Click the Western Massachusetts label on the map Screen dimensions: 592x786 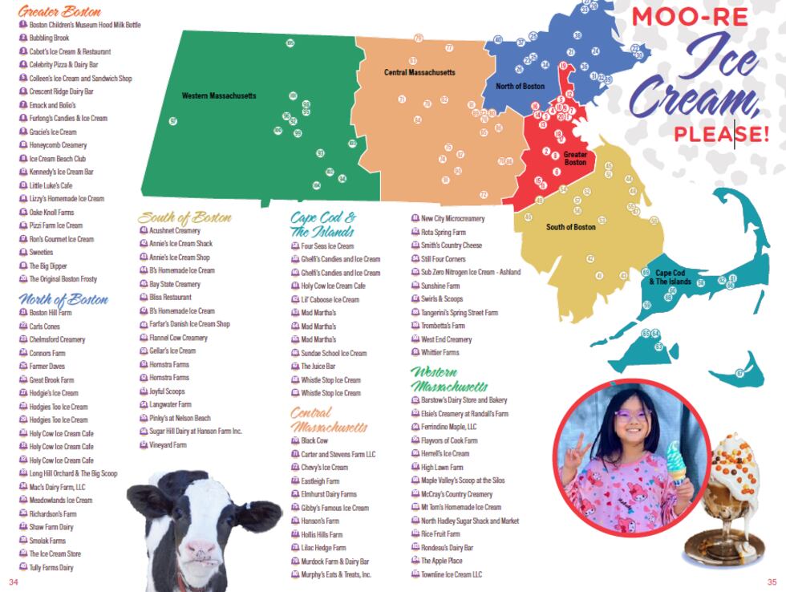click(219, 96)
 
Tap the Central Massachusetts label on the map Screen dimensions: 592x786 click(419, 73)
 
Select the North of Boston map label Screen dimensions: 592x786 click(520, 87)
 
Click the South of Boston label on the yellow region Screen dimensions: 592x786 click(571, 227)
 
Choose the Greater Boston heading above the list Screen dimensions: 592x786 click(60, 12)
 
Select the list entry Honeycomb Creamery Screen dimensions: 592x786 click(58, 145)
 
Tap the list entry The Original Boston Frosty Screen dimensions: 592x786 click(63, 279)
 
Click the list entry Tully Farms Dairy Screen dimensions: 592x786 click(51, 567)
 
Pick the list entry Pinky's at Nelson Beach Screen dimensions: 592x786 click(180, 418)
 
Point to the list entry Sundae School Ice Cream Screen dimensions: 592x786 click(334, 353)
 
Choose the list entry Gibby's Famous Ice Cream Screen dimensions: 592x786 click(334, 508)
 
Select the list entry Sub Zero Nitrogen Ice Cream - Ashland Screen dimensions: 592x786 click(470, 272)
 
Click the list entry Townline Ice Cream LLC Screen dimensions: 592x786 click(451, 574)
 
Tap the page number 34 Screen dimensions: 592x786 click(13, 582)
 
